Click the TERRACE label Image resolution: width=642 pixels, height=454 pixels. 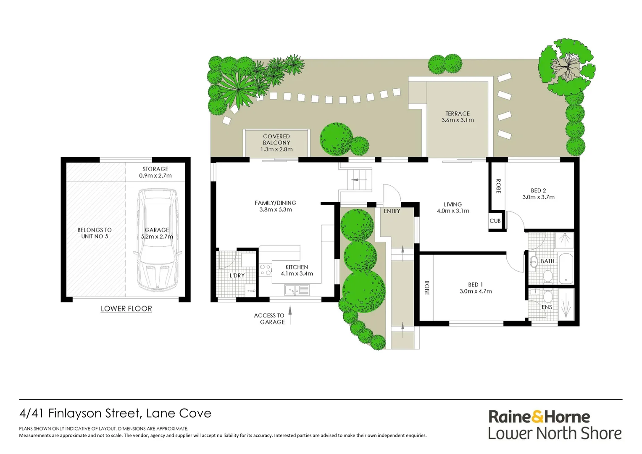click(457, 113)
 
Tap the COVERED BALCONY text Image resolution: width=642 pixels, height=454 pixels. click(276, 140)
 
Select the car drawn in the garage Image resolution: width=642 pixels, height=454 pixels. click(157, 240)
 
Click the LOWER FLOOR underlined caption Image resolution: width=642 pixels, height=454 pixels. click(126, 309)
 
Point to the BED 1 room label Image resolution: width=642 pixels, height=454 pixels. click(475, 285)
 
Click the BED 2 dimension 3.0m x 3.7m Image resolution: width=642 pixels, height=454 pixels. click(538, 197)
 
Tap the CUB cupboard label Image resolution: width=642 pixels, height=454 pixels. click(495, 221)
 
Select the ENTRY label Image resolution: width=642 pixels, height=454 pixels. click(392, 211)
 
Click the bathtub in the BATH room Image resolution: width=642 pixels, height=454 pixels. click(566, 268)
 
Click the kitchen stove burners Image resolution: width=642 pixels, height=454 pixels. click(265, 270)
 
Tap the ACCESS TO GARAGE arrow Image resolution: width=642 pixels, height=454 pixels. click(289, 315)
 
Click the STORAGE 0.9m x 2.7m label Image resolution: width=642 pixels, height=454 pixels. click(155, 172)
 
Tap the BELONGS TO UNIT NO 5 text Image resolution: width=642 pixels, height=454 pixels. click(95, 233)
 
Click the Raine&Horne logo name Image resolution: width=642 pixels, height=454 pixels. click(539, 417)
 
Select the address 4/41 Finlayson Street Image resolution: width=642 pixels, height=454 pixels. click(115, 413)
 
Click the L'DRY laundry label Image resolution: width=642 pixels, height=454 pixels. click(237, 275)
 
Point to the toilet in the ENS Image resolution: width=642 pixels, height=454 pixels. click(547, 296)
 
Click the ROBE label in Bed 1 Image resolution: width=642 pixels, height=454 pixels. click(426, 288)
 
